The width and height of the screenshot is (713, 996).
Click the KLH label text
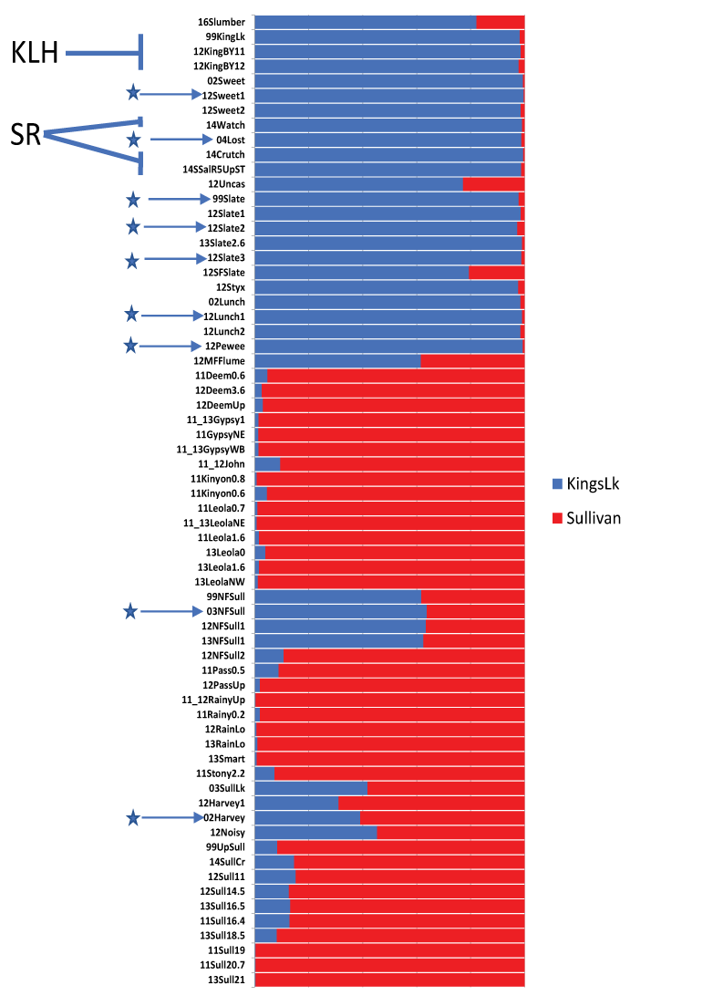pos(35,54)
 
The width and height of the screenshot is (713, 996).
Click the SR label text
pos(26,135)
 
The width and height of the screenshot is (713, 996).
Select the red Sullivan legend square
pos(557,518)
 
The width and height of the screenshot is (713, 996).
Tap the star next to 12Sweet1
pos(133,93)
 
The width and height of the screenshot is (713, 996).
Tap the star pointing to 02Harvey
pos(133,818)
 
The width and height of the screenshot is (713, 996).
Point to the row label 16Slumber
pos(227,21)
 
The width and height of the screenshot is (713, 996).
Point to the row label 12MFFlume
pos(224,361)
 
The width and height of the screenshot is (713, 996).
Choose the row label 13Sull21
pos(227,980)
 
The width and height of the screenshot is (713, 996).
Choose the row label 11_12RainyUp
pos(213,700)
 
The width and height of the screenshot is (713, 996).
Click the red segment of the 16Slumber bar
pos(500,21)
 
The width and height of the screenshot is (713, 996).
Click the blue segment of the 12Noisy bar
pos(315,832)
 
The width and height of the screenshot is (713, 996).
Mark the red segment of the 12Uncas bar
pos(493,183)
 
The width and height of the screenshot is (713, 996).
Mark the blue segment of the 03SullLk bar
pos(311,787)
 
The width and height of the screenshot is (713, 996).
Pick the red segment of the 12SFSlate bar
pos(496,272)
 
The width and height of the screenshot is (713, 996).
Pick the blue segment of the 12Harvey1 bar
pos(296,803)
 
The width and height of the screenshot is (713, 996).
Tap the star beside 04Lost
pos(133,140)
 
